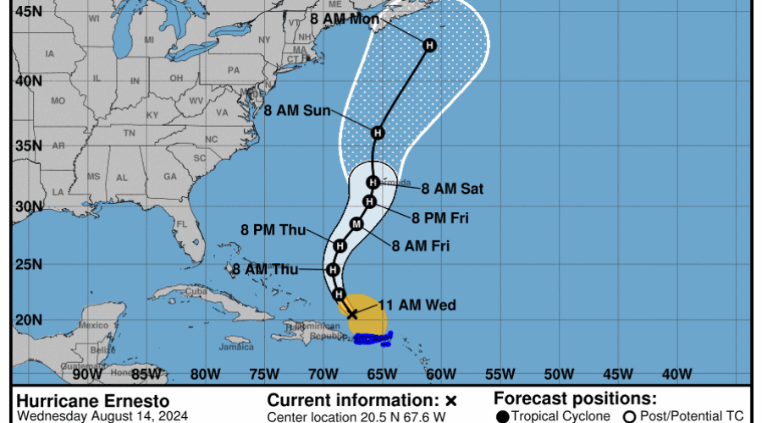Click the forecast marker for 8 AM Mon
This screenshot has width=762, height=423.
coord(429,45)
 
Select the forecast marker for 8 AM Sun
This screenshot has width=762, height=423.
coord(378,132)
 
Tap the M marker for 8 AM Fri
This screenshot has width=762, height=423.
coord(356,223)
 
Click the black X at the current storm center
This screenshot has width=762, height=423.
coord(352,313)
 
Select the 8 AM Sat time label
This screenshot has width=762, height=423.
coord(452,189)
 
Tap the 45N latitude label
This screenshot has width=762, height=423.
coord(30,12)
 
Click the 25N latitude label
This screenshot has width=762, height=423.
coord(30,264)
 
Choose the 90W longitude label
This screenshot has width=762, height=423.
coord(87,373)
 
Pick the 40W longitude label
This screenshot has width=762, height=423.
coord(676,373)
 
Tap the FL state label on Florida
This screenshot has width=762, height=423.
coord(180,225)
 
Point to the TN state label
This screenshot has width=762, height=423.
coord(130,133)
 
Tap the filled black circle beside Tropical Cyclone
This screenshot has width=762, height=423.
coord(503,415)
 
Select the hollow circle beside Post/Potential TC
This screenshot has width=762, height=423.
coord(630,415)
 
